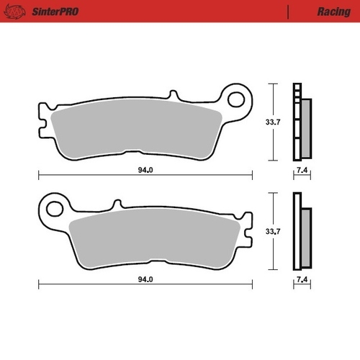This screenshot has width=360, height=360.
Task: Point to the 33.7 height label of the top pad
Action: click(x=273, y=122)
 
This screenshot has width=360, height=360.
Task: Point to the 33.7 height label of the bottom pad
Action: click(x=273, y=232)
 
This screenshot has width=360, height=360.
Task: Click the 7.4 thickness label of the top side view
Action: click(x=302, y=170)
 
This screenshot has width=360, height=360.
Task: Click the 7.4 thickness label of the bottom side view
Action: click(x=302, y=277)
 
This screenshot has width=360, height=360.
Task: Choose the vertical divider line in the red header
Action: click(x=287, y=12)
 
